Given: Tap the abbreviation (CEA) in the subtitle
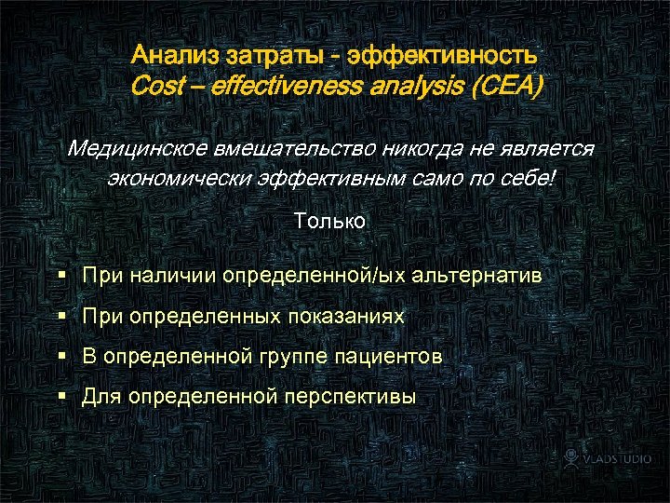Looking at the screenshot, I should point(508,87).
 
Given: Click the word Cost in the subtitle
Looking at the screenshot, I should point(156,87).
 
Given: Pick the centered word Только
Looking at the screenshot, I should point(329,222).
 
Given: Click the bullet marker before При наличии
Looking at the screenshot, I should point(61,276).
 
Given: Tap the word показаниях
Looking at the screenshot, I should point(346,317).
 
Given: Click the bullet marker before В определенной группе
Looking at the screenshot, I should point(61,357).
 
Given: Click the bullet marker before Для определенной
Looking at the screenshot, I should point(61,397).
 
